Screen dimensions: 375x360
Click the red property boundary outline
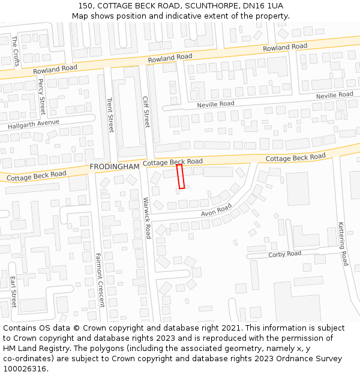pos(181,176)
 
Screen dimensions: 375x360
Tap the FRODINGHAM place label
pos(114,166)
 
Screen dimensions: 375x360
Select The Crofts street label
pos(15,50)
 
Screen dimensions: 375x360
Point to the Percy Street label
pos(41,97)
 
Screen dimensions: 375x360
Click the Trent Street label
pos(110,115)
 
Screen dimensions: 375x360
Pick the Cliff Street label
pos(146,112)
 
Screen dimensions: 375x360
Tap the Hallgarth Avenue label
pos(34,125)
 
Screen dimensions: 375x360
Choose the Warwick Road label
pos(146,218)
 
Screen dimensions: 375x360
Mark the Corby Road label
pos(284,254)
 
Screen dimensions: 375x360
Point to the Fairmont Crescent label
pos(100,280)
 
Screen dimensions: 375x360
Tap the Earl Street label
pos(13,292)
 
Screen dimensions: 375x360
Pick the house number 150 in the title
pos(86,5)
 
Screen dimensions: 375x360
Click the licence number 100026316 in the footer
pos(26,368)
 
